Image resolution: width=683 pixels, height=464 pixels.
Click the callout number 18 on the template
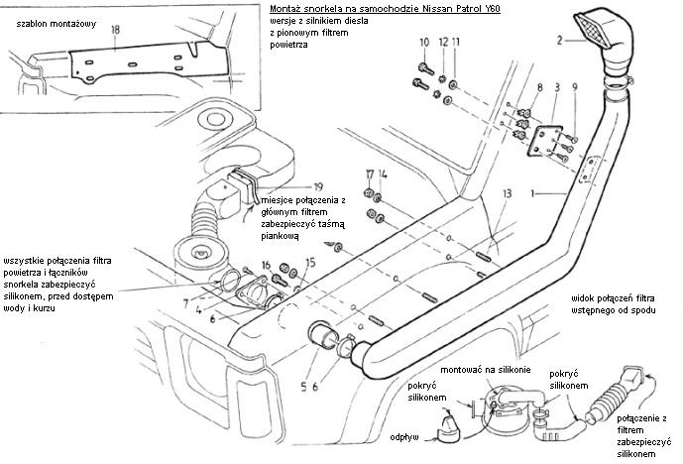(116, 31)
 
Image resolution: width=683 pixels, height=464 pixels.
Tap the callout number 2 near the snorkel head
(559, 41)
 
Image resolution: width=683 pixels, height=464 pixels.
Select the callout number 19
(317, 185)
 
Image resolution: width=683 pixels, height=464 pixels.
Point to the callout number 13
(507, 193)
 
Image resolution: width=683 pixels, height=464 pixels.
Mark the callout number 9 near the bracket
(573, 88)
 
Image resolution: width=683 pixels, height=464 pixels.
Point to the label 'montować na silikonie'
(488, 370)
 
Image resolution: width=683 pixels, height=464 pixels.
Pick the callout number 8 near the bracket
(539, 88)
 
